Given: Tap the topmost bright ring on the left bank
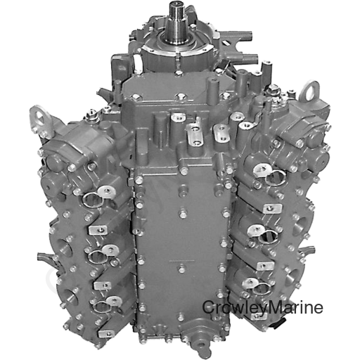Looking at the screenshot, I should [x=105, y=191].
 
